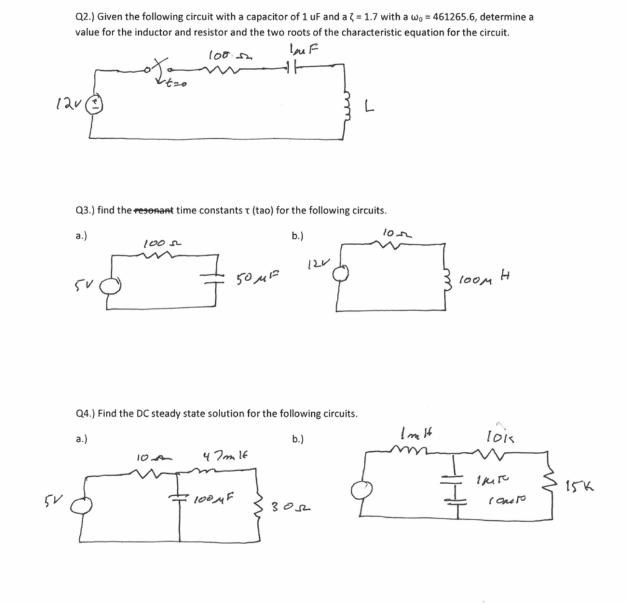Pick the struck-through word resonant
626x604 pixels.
153,210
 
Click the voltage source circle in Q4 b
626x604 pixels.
366,491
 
